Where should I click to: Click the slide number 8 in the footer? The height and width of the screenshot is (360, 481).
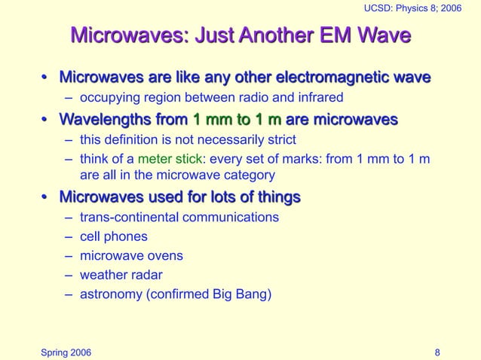click(x=438, y=352)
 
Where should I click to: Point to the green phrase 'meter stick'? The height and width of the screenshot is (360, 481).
click(x=171, y=158)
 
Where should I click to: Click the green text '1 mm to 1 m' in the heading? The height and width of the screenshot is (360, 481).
click(x=237, y=120)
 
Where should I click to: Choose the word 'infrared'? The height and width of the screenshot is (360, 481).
click(x=319, y=97)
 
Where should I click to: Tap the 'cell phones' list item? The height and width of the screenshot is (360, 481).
click(x=114, y=236)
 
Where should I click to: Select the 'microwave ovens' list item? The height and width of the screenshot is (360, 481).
click(x=131, y=256)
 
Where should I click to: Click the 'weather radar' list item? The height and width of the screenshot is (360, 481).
click(x=121, y=275)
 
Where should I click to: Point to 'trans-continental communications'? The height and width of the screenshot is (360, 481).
click(x=179, y=218)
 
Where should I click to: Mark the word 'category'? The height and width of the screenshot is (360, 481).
click(x=250, y=175)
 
